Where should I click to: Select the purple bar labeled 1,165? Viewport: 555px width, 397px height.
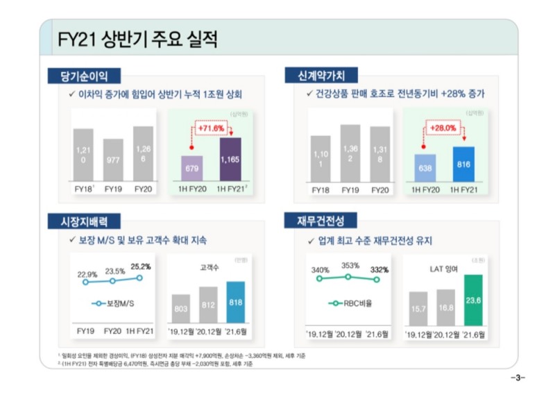(230, 159)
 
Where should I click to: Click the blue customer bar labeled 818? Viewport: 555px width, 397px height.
(235, 303)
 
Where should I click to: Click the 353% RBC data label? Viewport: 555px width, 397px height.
(350, 265)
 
